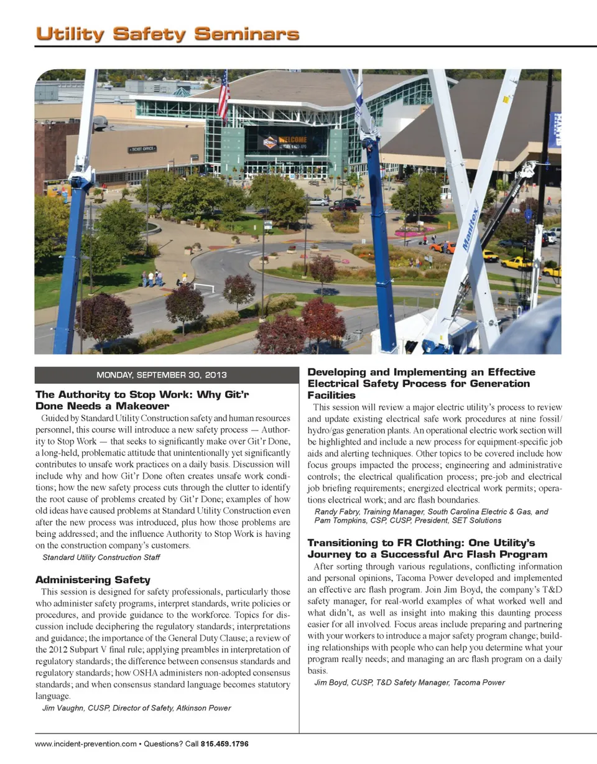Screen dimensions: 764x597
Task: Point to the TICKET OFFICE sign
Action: [x=142, y=149]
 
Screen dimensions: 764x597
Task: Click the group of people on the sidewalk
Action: [x=152, y=277]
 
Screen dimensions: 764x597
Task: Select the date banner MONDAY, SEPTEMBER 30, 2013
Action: [x=162, y=375]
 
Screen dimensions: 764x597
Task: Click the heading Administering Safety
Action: [x=93, y=580]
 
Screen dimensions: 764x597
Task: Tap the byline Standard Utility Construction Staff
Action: [x=101, y=557]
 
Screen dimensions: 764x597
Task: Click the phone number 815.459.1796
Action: [x=225, y=743]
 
